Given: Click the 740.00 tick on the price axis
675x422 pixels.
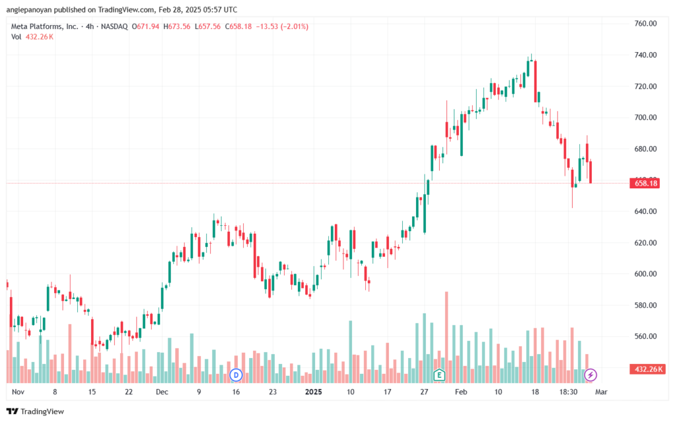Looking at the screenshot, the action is click(645, 55).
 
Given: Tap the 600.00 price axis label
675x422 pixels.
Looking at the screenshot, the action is click(645, 274).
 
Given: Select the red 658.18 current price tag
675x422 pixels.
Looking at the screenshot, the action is click(646, 184).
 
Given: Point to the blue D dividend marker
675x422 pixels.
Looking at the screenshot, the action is click(236, 375).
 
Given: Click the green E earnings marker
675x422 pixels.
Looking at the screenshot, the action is click(439, 375).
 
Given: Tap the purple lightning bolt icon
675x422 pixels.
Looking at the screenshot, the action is click(590, 375).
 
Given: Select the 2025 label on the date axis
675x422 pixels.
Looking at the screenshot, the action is click(313, 392).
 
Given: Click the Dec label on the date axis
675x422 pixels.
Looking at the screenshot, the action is click(162, 392).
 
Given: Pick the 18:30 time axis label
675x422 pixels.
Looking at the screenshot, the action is click(568, 392).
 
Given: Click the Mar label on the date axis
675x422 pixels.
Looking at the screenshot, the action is click(601, 392).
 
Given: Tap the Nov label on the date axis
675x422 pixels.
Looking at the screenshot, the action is click(18, 392).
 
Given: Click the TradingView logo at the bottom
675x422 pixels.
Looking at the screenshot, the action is click(36, 411).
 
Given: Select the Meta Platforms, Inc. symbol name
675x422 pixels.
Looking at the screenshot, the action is click(45, 26).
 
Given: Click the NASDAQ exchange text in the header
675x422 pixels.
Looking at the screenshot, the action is click(114, 26).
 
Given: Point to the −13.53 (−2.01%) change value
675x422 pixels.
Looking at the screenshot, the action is click(282, 26).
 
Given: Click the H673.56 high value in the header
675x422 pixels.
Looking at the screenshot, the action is click(177, 26).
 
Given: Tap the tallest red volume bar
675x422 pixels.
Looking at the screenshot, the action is click(446, 337).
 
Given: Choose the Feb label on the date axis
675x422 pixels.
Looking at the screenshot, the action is click(461, 392).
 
